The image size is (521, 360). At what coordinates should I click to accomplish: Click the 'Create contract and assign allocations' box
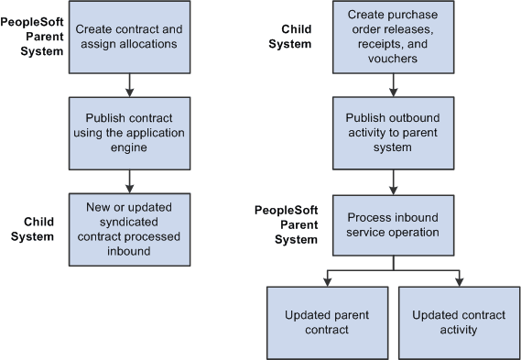128,38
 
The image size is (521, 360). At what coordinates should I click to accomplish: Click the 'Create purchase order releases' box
394,38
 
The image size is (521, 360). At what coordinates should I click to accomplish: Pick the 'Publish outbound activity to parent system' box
394,131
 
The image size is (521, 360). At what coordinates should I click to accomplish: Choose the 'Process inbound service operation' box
394,224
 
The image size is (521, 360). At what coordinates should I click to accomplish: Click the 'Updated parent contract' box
327,322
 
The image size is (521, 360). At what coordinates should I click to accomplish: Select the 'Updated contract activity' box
459,322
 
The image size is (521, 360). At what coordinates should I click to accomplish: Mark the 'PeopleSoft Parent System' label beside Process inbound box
286,224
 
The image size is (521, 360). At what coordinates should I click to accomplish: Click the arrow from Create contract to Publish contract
129,84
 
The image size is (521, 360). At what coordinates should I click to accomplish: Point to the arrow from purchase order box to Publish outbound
394,84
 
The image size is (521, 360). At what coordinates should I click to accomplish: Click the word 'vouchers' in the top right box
394,58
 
